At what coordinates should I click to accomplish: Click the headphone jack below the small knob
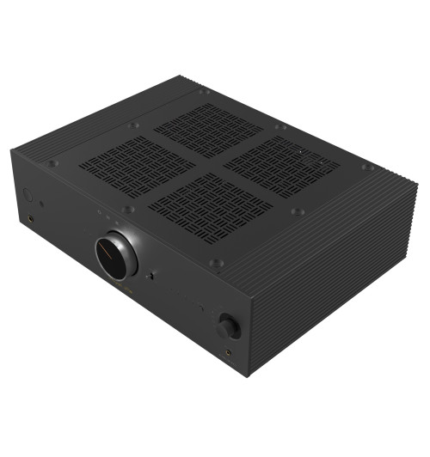pos(230,352)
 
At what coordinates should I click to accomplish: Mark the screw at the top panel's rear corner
pos(204,90)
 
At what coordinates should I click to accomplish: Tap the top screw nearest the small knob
pos(218,262)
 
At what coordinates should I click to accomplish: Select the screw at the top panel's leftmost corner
pos(53,163)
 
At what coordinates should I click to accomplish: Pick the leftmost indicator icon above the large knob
pos(99,210)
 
